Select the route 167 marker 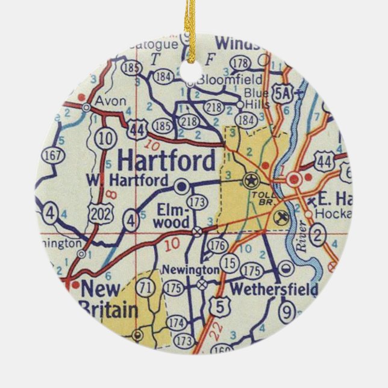53,155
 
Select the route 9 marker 287,312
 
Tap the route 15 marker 230,263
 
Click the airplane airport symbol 279,216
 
